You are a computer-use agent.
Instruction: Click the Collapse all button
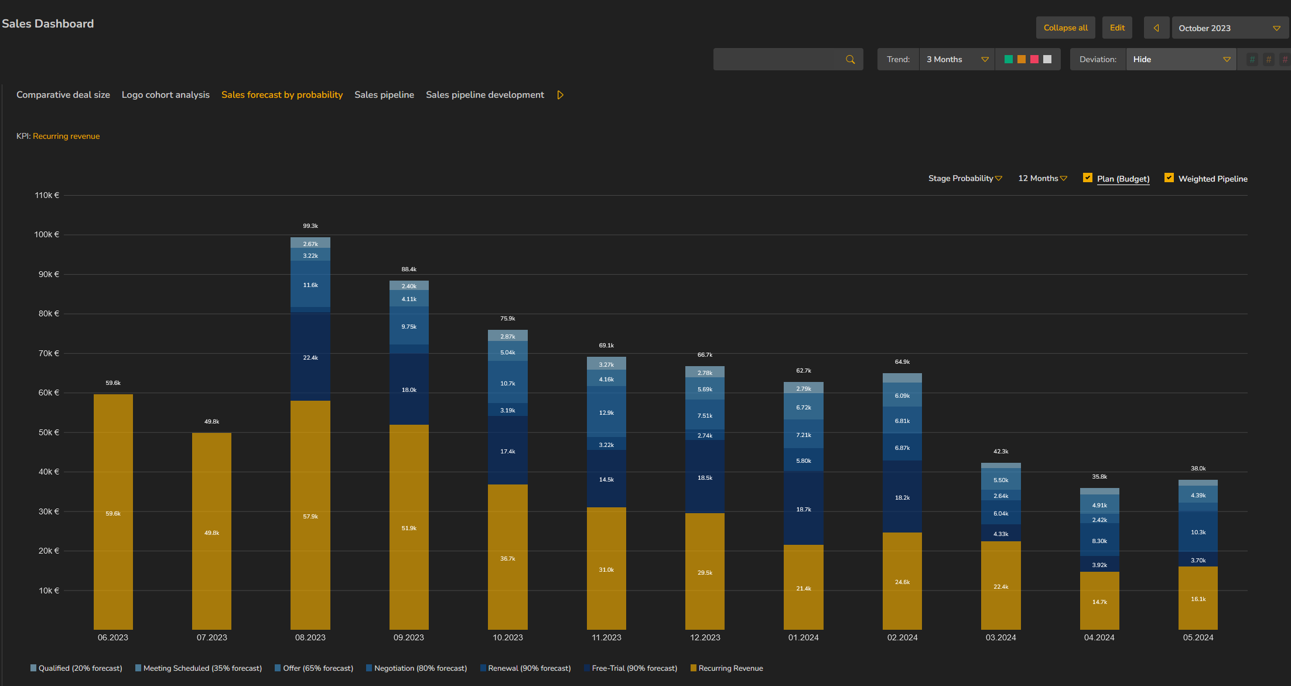(x=1065, y=28)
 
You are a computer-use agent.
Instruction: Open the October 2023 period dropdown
(x=1229, y=28)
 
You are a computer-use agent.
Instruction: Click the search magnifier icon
(x=851, y=59)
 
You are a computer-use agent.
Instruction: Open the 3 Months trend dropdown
(x=957, y=59)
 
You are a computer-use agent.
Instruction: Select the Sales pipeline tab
(x=384, y=95)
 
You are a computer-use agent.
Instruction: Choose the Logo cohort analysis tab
(x=166, y=95)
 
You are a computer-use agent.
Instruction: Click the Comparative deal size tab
(x=63, y=95)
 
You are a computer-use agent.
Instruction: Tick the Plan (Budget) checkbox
(x=1088, y=178)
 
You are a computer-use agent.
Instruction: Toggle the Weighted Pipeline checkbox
(x=1169, y=178)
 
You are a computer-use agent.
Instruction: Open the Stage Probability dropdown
(x=965, y=178)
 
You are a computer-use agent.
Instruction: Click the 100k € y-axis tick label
(x=47, y=234)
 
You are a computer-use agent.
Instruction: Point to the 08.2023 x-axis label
(x=310, y=637)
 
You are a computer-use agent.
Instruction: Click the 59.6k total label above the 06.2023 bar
(x=113, y=383)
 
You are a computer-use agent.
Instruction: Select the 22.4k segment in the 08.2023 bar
(x=310, y=357)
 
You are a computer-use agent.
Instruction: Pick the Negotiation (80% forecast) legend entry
(x=416, y=668)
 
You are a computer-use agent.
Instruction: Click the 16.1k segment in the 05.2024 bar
(x=1198, y=598)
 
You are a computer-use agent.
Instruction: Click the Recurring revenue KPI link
(x=66, y=136)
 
